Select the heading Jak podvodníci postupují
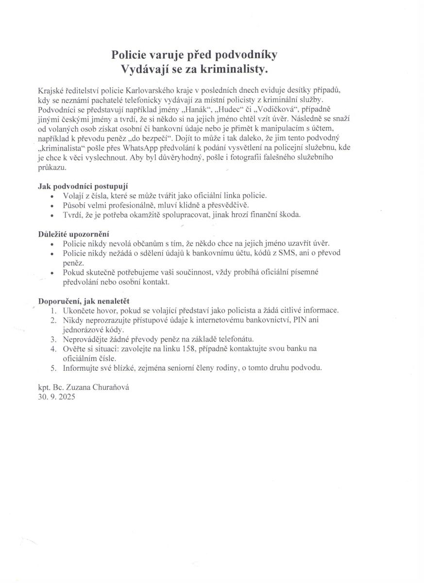pos(83,186)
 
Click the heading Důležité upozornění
pos(74,234)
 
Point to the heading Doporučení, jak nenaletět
pos(84,301)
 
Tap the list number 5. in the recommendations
pos(53,368)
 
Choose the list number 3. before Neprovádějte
pos(53,339)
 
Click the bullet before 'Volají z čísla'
pos(53,196)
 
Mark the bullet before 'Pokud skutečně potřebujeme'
pos(53,273)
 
